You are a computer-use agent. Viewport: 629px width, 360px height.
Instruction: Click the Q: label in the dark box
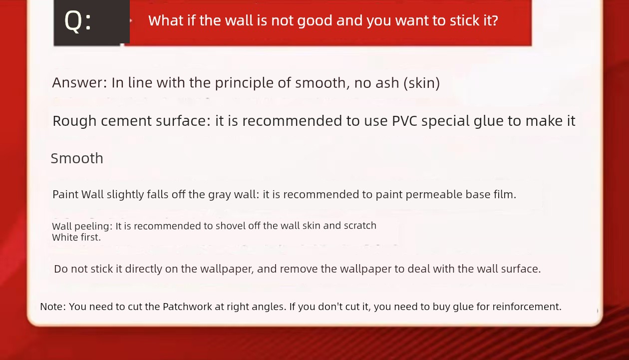pyautogui.click(x=78, y=21)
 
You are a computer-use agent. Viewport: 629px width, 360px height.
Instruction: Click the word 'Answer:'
pyautogui.click(x=80, y=82)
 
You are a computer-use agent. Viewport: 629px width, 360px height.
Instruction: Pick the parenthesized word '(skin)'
pyautogui.click(x=421, y=83)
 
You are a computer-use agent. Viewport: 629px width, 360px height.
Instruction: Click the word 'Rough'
pyautogui.click(x=74, y=121)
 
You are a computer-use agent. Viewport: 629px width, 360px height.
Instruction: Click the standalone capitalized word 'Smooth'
pyautogui.click(x=77, y=158)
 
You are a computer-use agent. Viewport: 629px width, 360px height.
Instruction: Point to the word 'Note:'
pyautogui.click(x=53, y=307)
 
